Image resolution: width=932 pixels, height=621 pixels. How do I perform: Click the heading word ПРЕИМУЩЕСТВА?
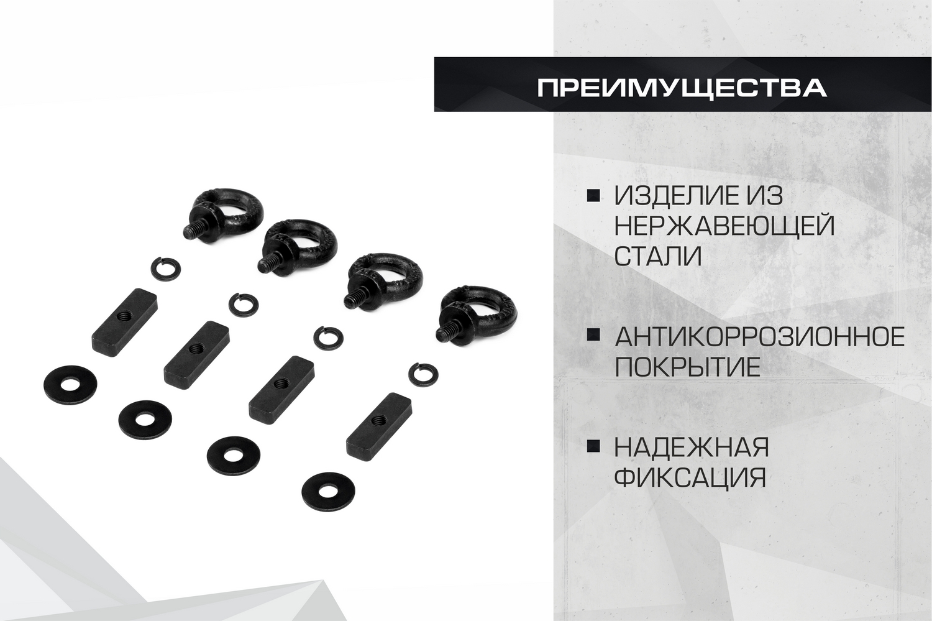point(682,88)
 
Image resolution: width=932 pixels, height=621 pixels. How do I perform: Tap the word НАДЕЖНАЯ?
point(692,447)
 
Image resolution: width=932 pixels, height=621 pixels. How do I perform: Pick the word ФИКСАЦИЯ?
point(690,477)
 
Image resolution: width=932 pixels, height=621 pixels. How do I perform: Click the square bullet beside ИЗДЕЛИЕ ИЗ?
point(593,196)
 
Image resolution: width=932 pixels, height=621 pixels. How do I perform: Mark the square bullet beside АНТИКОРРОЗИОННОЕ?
point(593,335)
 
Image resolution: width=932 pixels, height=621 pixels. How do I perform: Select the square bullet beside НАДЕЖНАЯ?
point(593,446)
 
